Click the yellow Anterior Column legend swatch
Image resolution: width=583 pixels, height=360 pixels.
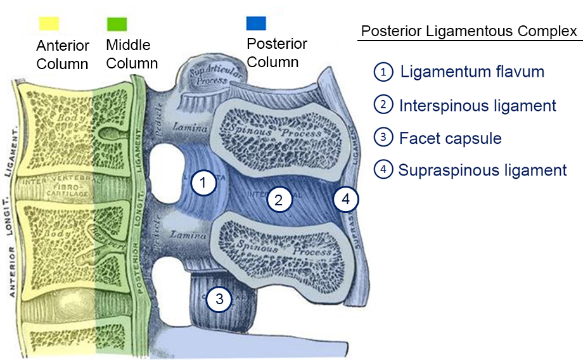pyautogui.click(x=48, y=23)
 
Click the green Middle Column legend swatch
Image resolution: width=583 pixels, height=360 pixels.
pyautogui.click(x=117, y=23)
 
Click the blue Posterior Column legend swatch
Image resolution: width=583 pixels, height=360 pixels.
pyautogui.click(x=256, y=23)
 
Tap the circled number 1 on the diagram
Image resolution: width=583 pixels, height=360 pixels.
pyautogui.click(x=203, y=184)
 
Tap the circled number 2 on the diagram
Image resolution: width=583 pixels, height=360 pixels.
pyautogui.click(x=278, y=200)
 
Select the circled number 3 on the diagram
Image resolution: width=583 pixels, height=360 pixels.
pyautogui.click(x=219, y=299)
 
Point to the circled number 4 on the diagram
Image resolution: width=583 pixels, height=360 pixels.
pyautogui.click(x=345, y=199)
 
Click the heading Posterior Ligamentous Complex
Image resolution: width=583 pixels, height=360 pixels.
pyautogui.click(x=469, y=31)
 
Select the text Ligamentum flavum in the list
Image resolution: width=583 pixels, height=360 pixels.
pyautogui.click(x=471, y=72)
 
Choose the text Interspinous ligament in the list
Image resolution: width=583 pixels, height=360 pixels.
pyautogui.click(x=477, y=105)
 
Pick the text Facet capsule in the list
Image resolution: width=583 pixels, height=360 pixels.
pyautogui.click(x=450, y=138)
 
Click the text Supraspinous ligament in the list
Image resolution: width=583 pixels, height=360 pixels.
pyautogui.click(x=482, y=170)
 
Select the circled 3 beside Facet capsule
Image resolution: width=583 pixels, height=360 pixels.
pyautogui.click(x=383, y=138)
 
